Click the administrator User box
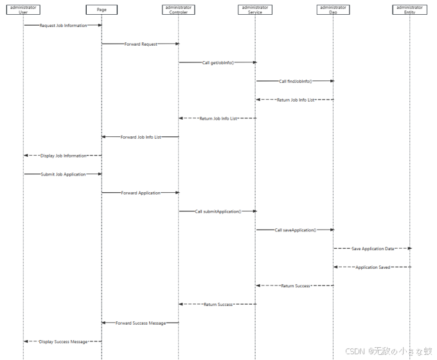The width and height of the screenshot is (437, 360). click(24, 10)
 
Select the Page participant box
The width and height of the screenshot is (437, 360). click(102, 10)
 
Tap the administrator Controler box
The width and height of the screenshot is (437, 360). click(179, 10)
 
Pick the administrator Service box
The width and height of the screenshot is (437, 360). click(255, 10)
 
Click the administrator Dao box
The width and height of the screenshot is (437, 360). click(333, 10)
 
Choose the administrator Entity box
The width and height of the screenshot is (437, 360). click(410, 10)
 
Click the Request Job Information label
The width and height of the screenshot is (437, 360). click(63, 25)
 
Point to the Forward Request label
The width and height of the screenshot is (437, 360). click(141, 44)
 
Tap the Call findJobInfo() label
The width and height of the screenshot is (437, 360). click(295, 81)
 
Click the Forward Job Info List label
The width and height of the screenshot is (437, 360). click(141, 137)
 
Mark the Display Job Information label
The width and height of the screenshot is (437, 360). click(64, 156)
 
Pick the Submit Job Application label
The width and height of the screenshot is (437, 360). click(63, 174)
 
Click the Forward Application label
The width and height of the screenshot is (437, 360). click(141, 192)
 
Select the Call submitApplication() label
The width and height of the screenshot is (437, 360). click(218, 211)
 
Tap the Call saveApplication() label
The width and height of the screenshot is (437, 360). click(295, 230)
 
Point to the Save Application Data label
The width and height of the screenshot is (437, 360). click(373, 248)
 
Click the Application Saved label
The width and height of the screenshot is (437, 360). click(373, 267)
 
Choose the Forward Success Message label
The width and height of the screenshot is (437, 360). click(141, 323)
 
